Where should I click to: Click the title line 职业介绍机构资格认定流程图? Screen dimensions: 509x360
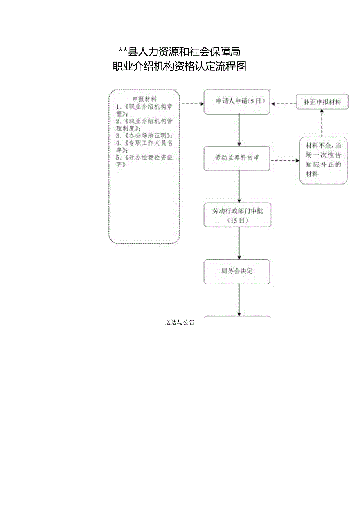[179, 67]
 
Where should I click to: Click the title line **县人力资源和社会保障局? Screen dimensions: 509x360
[179, 51]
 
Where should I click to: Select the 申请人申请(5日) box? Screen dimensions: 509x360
[237, 102]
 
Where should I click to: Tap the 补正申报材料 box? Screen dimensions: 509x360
[322, 103]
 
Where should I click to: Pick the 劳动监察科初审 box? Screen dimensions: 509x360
[237, 158]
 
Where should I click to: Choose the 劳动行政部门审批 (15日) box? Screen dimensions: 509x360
[237, 215]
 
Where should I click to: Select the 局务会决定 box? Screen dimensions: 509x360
[237, 271]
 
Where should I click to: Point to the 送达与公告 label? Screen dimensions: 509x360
[180, 323]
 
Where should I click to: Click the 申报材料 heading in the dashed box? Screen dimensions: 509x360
[144, 99]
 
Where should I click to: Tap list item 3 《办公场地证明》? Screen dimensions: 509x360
[144, 135]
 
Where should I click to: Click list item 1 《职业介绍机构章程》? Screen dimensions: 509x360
[144, 110]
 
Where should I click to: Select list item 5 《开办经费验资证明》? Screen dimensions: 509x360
[144, 161]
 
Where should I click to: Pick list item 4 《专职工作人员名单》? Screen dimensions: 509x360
[144, 146]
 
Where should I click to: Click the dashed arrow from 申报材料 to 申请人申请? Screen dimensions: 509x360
[192, 104]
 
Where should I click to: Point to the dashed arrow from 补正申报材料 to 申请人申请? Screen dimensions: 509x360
[284, 104]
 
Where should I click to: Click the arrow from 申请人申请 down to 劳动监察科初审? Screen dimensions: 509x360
[239, 130]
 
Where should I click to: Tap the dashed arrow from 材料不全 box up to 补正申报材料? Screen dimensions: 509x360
[322, 123]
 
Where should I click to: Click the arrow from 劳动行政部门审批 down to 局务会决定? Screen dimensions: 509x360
[239, 243]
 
